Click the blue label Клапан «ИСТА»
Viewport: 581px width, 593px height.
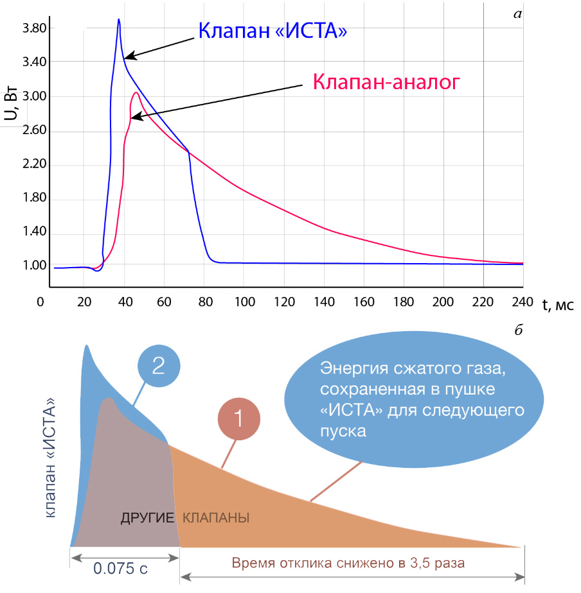273,31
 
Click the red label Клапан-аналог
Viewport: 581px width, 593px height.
386,82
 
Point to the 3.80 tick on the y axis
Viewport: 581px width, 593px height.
35,28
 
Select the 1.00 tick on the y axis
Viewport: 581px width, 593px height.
35,265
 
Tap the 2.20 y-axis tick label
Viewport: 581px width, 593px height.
35,164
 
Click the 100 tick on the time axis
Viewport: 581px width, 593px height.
245,302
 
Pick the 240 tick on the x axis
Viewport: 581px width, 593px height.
523,302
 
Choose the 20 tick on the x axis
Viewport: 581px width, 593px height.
84,302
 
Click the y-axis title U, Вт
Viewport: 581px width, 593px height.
11,103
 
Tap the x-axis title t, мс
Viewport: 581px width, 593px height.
558,304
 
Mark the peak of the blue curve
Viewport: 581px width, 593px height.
118,19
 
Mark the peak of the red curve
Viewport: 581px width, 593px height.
136,92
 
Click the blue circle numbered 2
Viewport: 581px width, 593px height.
159,366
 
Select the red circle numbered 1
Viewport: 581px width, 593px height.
238,418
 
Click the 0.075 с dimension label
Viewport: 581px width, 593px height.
120,568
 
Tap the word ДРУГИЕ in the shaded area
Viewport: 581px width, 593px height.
147,518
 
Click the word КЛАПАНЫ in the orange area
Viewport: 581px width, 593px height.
216,518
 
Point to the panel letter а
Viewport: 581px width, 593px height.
517,14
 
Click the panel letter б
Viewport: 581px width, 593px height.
519,330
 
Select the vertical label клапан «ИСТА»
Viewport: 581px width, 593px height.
50,458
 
